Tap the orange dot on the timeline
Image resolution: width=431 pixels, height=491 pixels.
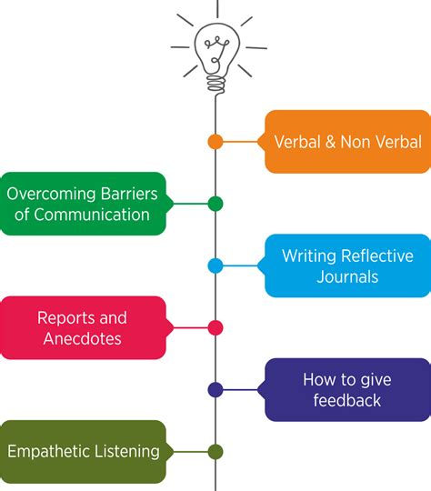(215, 142)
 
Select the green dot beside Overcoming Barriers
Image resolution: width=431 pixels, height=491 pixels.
(215, 204)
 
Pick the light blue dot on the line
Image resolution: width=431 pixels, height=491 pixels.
(215, 266)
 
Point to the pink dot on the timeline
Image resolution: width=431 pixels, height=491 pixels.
(215, 328)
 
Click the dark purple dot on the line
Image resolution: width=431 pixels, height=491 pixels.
(215, 389)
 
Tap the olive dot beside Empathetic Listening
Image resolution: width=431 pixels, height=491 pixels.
(215, 452)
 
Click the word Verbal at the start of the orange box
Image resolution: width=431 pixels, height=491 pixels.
(297, 142)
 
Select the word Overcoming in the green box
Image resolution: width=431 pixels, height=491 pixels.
(51, 194)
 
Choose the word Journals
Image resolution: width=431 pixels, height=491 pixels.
(347, 276)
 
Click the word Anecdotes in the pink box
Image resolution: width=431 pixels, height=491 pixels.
(83, 339)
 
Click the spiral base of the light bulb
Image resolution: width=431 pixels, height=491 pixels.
(215, 82)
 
